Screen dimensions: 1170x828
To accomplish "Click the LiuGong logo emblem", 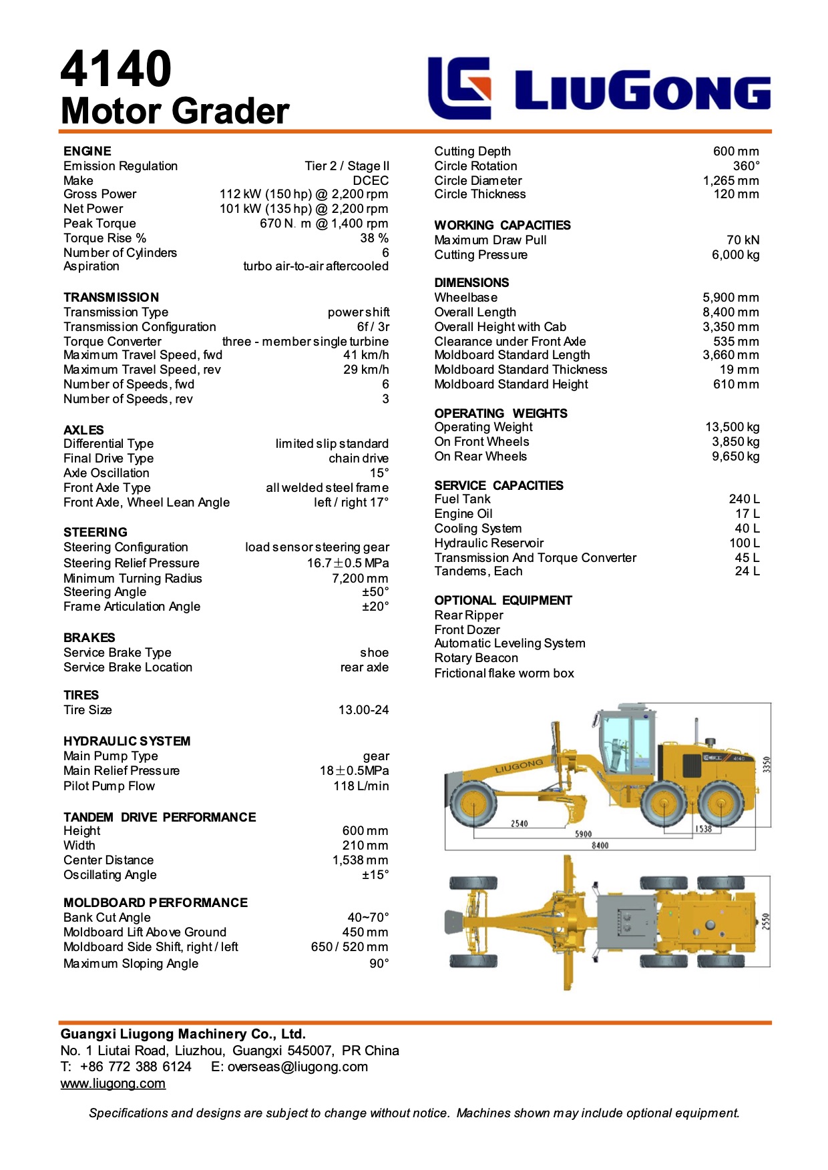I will pyautogui.click(x=459, y=87).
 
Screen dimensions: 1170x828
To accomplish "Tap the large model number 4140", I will pyautogui.click(x=116, y=69).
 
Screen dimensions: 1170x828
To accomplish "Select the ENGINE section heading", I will pyautogui.click(x=87, y=152).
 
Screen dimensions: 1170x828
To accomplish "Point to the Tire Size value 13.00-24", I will pyautogui.click(x=363, y=710).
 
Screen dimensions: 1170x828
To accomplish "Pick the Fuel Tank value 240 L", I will pyautogui.click(x=744, y=499).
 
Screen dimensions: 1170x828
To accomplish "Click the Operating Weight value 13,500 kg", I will pyautogui.click(x=732, y=427).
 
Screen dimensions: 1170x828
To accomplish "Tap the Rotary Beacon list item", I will pyautogui.click(x=476, y=658).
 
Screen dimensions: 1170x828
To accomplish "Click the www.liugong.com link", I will pyautogui.click(x=113, y=1084).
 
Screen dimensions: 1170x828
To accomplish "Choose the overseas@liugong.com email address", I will pyautogui.click(x=297, y=1067).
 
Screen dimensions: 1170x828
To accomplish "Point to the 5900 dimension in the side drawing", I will pyautogui.click(x=583, y=834).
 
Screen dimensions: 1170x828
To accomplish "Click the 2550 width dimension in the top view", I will pyautogui.click(x=766, y=922).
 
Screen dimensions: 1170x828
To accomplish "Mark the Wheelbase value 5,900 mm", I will pyautogui.click(x=731, y=298).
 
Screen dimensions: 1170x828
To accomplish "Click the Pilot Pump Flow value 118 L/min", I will pyautogui.click(x=361, y=786).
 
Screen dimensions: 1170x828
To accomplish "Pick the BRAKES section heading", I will pyautogui.click(x=89, y=638).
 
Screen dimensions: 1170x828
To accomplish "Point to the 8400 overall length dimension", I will pyautogui.click(x=600, y=846).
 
